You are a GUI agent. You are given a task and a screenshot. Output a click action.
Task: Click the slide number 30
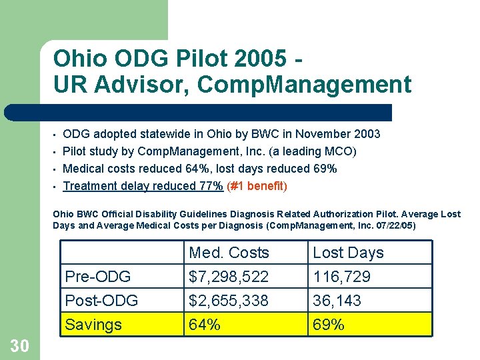(19, 345)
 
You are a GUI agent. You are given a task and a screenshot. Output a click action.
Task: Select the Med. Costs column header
(229, 253)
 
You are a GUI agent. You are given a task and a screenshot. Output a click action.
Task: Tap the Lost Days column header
(348, 253)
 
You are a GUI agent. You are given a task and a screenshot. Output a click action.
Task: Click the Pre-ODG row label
(97, 277)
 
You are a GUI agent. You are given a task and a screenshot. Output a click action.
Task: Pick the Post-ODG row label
(101, 301)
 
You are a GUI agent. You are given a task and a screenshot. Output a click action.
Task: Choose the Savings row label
(93, 325)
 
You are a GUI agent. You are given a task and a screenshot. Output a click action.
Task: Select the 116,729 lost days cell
(341, 277)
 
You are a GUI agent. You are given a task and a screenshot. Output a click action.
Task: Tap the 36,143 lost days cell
(337, 301)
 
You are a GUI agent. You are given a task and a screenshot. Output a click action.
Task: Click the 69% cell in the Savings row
(329, 325)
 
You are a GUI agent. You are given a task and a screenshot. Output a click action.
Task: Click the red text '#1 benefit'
(257, 186)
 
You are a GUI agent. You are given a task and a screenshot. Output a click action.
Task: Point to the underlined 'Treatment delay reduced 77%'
(143, 186)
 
